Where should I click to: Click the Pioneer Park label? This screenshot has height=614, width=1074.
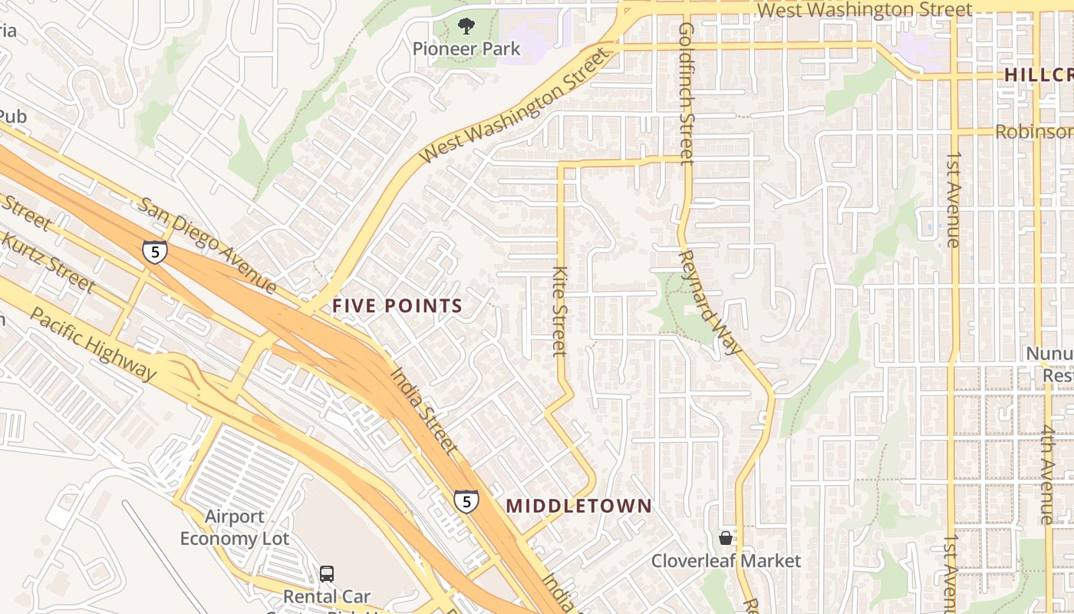coord(466,48)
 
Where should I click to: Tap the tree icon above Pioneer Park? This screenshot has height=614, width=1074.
coord(466,27)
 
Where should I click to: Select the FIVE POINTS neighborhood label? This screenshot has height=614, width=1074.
coord(397,305)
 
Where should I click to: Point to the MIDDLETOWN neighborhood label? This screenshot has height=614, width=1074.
coord(579,506)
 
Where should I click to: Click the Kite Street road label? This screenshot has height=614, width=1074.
coord(560,311)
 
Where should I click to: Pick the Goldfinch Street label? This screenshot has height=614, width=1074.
coord(686,92)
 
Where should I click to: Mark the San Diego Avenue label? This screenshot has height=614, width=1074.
coord(207,246)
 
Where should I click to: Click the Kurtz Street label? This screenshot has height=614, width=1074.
coord(48,260)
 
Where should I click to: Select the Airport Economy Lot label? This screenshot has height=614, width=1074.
coord(235,527)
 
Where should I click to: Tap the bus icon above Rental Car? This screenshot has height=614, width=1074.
coord(327,573)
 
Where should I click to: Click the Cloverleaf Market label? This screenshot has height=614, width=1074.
coord(726,561)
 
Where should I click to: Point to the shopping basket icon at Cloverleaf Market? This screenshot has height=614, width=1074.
coord(726,538)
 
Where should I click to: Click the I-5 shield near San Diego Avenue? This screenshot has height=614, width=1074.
coord(155,252)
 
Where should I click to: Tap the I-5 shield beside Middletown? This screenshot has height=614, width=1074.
coord(466,501)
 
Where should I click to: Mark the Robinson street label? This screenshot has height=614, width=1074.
coord(1034,131)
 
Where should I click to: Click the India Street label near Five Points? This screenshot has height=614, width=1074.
coord(424,411)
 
